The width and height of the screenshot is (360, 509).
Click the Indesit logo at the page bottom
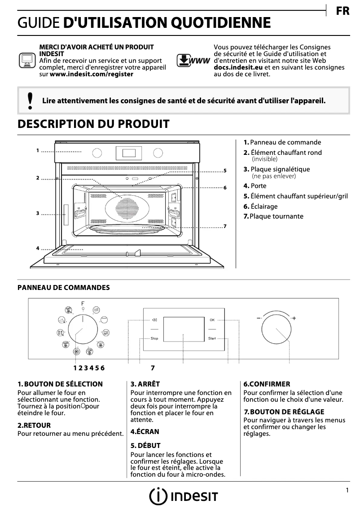(184, 496)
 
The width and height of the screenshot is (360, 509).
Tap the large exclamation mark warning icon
(30, 101)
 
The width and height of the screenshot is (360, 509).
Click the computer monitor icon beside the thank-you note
(27, 60)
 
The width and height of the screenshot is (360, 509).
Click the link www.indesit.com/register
(91, 74)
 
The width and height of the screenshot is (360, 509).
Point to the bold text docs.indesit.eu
(238, 67)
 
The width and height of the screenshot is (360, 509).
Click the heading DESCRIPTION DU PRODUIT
(93, 124)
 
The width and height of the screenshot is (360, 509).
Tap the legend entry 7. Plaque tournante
(273, 216)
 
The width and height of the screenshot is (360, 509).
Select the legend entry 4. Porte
(255, 186)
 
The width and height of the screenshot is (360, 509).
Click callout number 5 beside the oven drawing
(225, 171)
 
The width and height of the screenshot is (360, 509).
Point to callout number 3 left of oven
(38, 213)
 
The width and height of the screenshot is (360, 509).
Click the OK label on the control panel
(212, 320)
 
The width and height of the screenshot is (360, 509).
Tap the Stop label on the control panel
(154, 338)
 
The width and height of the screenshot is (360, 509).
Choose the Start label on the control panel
(212, 338)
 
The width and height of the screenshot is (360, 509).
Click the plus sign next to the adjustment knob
(294, 318)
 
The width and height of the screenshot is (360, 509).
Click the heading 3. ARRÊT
(145, 384)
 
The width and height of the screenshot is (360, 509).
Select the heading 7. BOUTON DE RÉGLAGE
(284, 412)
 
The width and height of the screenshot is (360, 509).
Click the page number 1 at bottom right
(347, 491)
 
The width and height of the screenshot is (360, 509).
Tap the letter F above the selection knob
(83, 304)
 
